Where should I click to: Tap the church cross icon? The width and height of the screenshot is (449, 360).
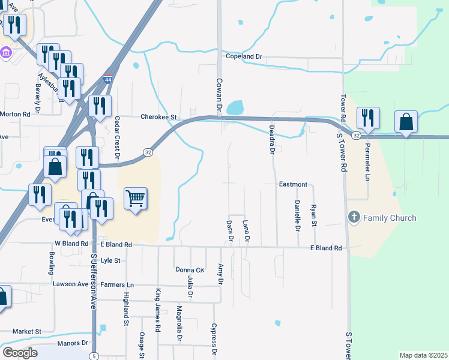coord(354,217)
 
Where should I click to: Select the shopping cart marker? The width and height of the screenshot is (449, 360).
coord(135,198)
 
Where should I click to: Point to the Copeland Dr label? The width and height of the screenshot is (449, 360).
coord(244,56)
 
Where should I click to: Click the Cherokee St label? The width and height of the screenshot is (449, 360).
coord(160,117)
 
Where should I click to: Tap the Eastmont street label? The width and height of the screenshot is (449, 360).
coord(293,184)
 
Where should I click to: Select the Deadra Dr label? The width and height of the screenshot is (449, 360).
coord(271,140)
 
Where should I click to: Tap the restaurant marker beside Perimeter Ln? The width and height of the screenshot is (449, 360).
coord(367,118)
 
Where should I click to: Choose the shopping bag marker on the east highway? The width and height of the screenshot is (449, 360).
coord(406,122)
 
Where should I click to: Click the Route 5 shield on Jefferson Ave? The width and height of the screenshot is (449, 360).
coord(94,356)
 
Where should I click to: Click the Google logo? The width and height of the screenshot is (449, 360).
coord(20,353)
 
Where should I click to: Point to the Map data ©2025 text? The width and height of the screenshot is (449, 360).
coord(423,355)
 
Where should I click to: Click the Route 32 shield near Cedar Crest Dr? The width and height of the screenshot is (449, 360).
coord(148,153)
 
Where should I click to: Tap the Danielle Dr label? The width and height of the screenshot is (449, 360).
coord(297,215)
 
